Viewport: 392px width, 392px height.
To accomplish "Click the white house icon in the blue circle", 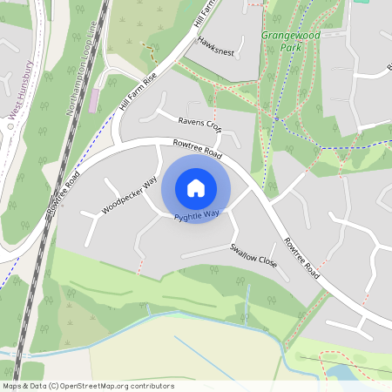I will (x=196, y=187).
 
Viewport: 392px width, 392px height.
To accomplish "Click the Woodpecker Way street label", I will (x=129, y=194).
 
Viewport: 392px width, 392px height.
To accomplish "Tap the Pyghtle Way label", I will (x=196, y=214).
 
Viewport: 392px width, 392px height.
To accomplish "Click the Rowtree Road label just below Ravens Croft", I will (x=198, y=149).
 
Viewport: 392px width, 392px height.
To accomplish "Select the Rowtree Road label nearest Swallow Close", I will (x=301, y=259).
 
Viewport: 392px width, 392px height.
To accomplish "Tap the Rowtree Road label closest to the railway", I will (x=64, y=194).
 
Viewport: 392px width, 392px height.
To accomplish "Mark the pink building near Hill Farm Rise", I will (x=94, y=100).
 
